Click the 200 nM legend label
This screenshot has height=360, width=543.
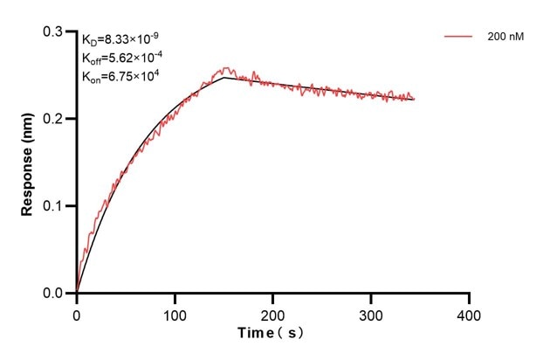505,38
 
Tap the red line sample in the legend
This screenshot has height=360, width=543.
459,38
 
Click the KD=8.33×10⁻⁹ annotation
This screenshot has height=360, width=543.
120,39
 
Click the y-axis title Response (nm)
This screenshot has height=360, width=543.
29,162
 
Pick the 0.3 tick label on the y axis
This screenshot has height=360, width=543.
54,31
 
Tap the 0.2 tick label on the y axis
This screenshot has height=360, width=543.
54,119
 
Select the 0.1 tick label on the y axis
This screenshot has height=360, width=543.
54,206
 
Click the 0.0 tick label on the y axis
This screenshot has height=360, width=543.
54,294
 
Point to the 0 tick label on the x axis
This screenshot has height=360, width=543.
77,312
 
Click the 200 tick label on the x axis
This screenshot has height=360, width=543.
273,312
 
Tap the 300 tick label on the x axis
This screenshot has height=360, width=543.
371,312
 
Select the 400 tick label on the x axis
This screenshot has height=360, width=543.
470,312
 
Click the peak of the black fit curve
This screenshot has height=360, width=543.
224,78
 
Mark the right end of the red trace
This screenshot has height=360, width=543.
415,99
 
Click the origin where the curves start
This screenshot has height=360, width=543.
77,293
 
